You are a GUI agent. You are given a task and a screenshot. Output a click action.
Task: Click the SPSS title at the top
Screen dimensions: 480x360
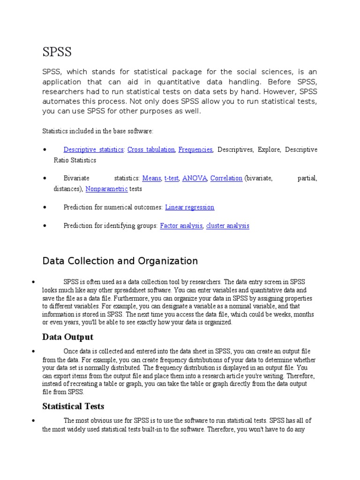57,52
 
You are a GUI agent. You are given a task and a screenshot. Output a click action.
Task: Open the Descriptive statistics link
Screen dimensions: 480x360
94,150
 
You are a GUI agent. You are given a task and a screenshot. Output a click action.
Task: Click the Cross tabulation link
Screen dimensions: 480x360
151,150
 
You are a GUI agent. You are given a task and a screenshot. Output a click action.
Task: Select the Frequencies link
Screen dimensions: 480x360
195,150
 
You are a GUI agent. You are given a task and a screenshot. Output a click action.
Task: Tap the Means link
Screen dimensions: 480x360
151,178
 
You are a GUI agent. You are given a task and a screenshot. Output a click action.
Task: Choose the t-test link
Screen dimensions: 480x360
171,178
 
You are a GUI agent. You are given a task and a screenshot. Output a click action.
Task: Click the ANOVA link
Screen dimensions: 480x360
194,178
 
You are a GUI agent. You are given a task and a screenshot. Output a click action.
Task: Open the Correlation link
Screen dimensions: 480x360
226,178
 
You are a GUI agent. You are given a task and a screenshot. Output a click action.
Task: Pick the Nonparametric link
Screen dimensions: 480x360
106,189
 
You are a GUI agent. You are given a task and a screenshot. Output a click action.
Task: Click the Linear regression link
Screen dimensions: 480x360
190,207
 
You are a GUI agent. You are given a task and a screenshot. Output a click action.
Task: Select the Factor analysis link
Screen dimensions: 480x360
181,225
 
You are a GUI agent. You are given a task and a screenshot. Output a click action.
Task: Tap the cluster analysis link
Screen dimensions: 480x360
228,225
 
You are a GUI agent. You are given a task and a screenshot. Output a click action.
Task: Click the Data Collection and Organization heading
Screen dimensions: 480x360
120,261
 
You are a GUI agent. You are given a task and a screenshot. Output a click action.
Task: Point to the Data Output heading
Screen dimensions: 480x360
67,337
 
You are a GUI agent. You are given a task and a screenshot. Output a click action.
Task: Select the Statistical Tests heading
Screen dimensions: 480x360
73,406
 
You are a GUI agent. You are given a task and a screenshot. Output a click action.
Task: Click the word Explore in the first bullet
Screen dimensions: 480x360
270,150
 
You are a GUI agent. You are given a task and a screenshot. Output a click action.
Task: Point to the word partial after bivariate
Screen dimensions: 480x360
307,178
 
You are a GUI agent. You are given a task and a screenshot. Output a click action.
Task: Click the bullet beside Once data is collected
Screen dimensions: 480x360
34,352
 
